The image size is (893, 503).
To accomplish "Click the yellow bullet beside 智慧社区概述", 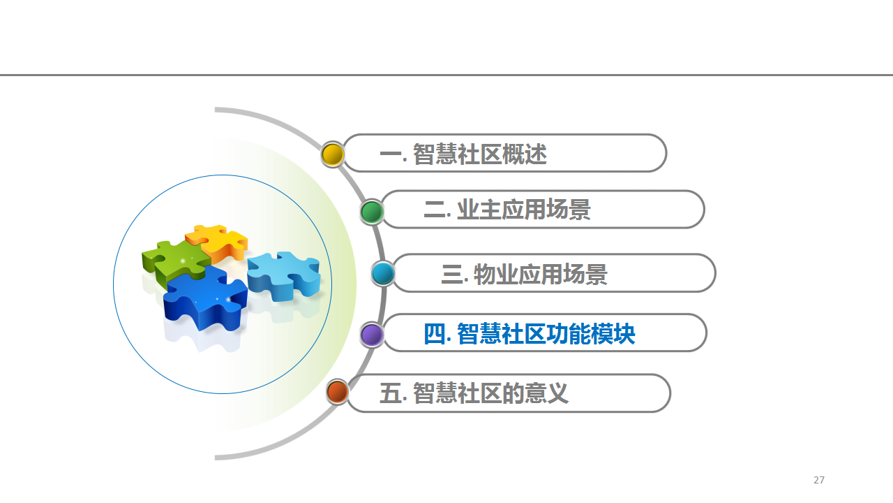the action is tap(333, 154).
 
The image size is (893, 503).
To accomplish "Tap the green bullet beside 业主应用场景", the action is tap(372, 212).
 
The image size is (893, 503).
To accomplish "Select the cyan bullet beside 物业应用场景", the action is tap(383, 273).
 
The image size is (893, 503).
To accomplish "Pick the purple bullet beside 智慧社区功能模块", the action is tap(372, 335).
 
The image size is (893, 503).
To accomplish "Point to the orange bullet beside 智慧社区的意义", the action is tap(338, 392).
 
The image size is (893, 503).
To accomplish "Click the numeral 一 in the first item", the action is tap(391, 154).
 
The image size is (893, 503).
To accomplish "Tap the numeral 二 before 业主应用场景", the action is tap(435, 209).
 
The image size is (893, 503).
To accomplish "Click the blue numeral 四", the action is tap(435, 334).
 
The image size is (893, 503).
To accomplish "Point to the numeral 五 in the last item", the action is tap(391, 393).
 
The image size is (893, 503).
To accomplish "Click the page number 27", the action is tap(819, 480).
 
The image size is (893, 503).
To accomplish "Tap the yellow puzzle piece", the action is tap(217, 242).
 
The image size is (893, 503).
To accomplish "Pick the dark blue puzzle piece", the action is tap(205, 298).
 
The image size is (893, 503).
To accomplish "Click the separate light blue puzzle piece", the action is tap(284, 275).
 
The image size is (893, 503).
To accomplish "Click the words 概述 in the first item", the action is tap(524, 154).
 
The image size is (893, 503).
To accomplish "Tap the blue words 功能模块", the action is tap(590, 334).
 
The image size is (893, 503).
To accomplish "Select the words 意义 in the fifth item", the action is tap(546, 393).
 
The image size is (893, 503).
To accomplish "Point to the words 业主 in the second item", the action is tap(479, 209).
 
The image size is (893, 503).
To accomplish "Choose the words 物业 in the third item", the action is tap(496, 274).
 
